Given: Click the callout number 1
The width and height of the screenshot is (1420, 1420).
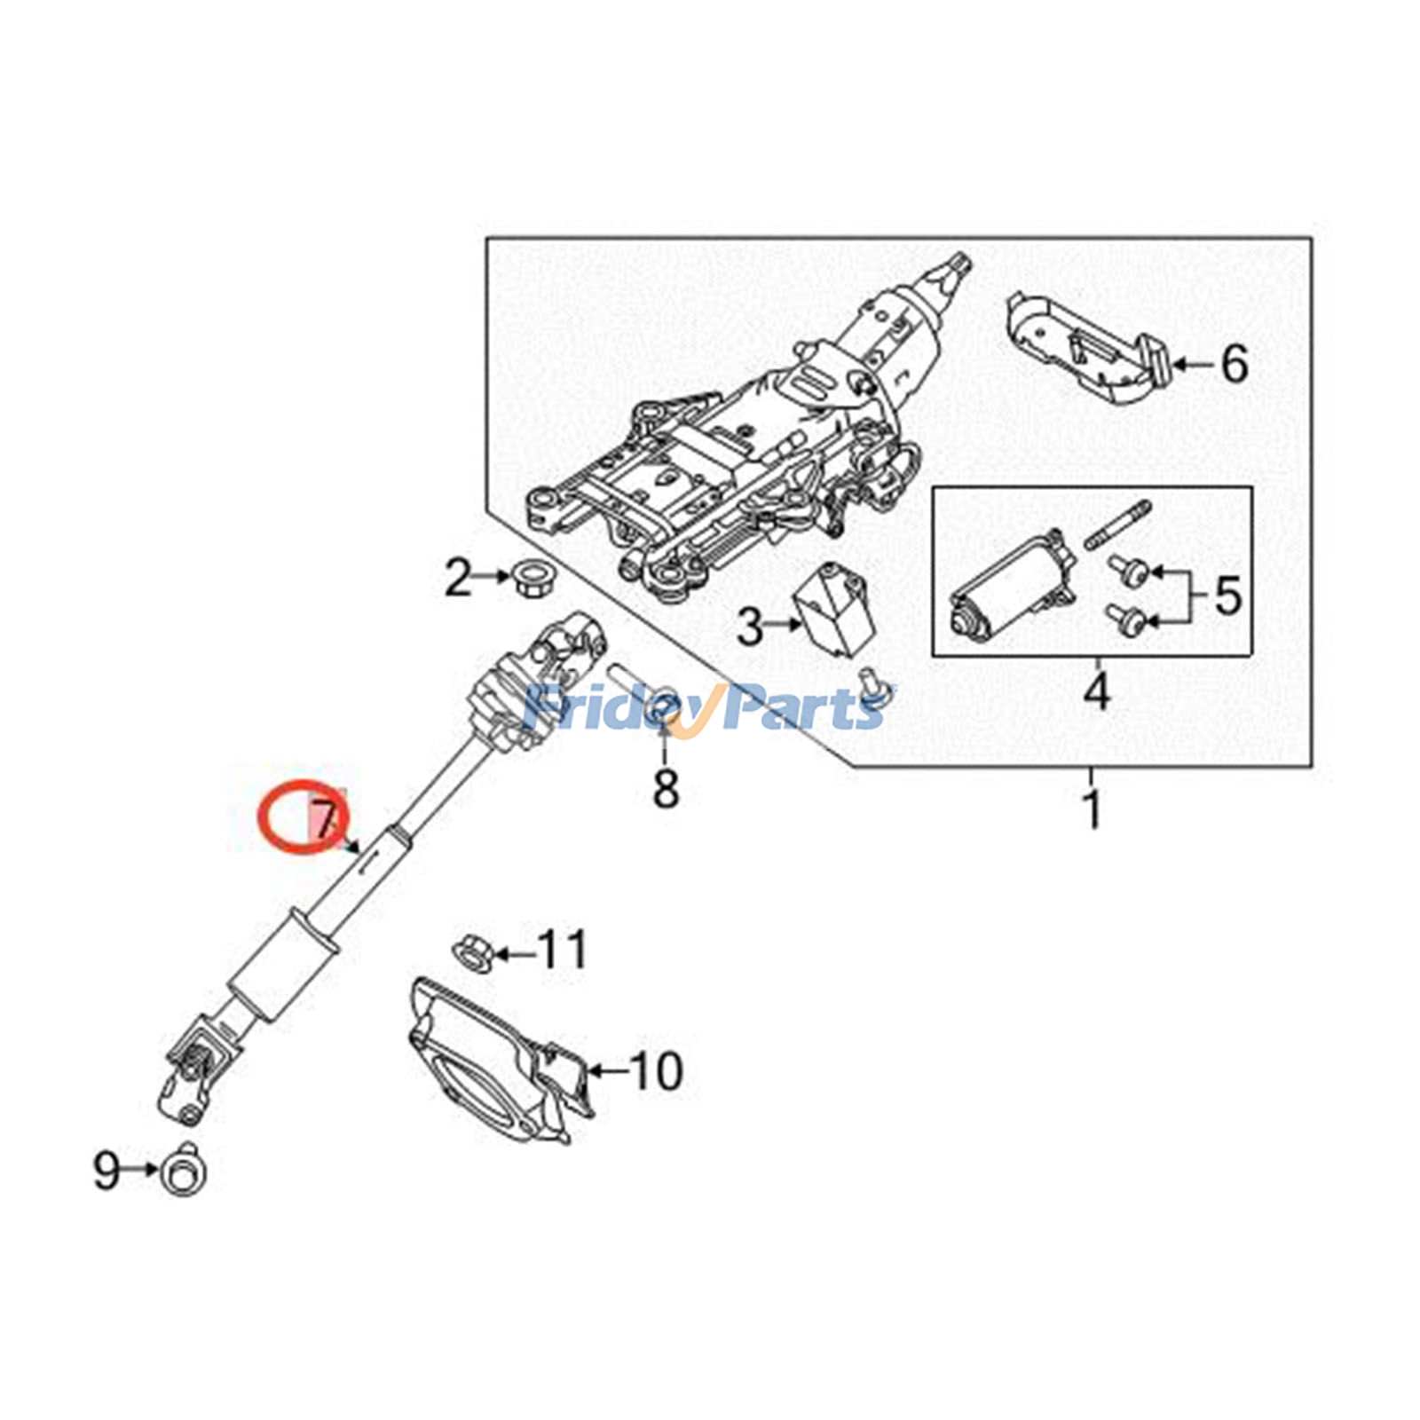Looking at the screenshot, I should coord(1093,809).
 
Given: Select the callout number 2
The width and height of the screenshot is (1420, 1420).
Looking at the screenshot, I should coord(458,578).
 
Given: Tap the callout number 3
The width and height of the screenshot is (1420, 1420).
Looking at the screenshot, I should coord(750,627).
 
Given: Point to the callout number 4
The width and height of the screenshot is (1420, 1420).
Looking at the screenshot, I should coord(1097,691).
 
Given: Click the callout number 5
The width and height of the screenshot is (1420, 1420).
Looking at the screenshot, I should coord(1227,596).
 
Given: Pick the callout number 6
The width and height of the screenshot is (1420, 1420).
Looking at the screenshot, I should coord(1235,364).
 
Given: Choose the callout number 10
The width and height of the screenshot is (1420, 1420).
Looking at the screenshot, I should coord(656,1071).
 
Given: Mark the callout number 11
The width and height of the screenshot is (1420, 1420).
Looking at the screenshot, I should coord(564,950).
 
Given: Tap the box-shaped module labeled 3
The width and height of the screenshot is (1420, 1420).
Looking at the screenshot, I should coord(834,609).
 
